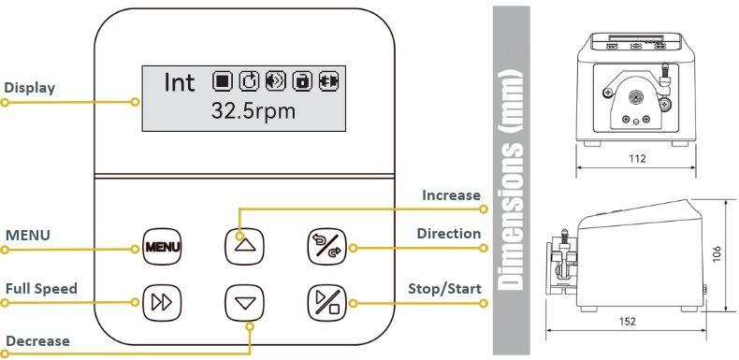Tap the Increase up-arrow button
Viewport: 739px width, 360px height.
tap(244, 247)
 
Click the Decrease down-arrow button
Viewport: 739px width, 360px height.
tap(244, 303)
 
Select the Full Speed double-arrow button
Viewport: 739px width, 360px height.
tap(162, 303)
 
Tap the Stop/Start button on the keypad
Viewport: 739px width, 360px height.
tap(326, 303)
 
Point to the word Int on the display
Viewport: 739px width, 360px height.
tap(179, 82)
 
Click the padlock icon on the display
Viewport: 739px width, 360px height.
tap(302, 81)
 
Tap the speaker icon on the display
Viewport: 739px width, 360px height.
tap(276, 81)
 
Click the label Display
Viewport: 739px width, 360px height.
tap(29, 88)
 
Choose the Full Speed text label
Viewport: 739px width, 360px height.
tap(41, 288)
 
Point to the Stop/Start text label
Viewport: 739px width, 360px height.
tap(444, 289)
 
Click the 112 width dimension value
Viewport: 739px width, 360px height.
tap(637, 159)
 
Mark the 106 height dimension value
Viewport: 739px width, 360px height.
tap(717, 254)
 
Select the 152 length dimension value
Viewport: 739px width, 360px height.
tap(628, 322)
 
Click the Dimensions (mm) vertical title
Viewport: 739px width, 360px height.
tap(512, 179)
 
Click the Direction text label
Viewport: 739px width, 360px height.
tap(449, 234)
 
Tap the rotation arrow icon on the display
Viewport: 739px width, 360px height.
tap(249, 81)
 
